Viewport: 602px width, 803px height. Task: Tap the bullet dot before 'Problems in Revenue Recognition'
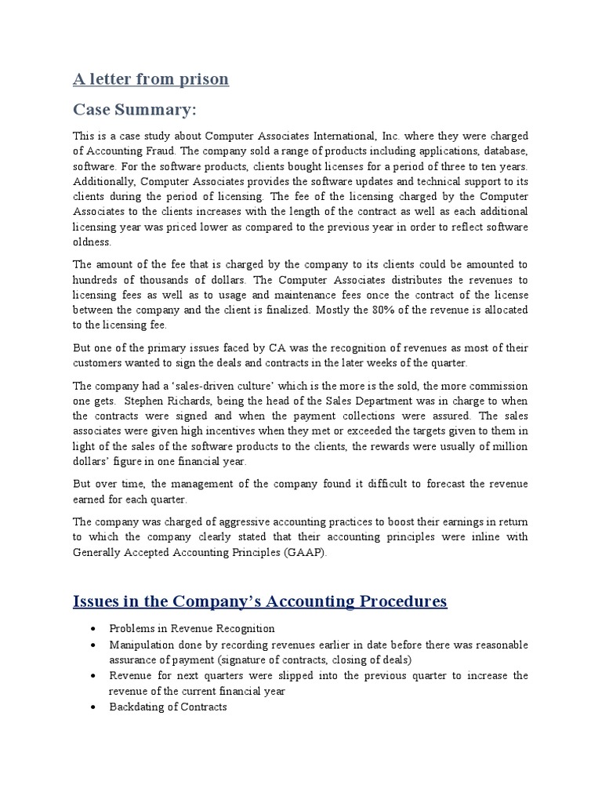click(93, 630)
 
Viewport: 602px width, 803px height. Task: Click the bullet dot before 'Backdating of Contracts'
click(93, 707)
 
